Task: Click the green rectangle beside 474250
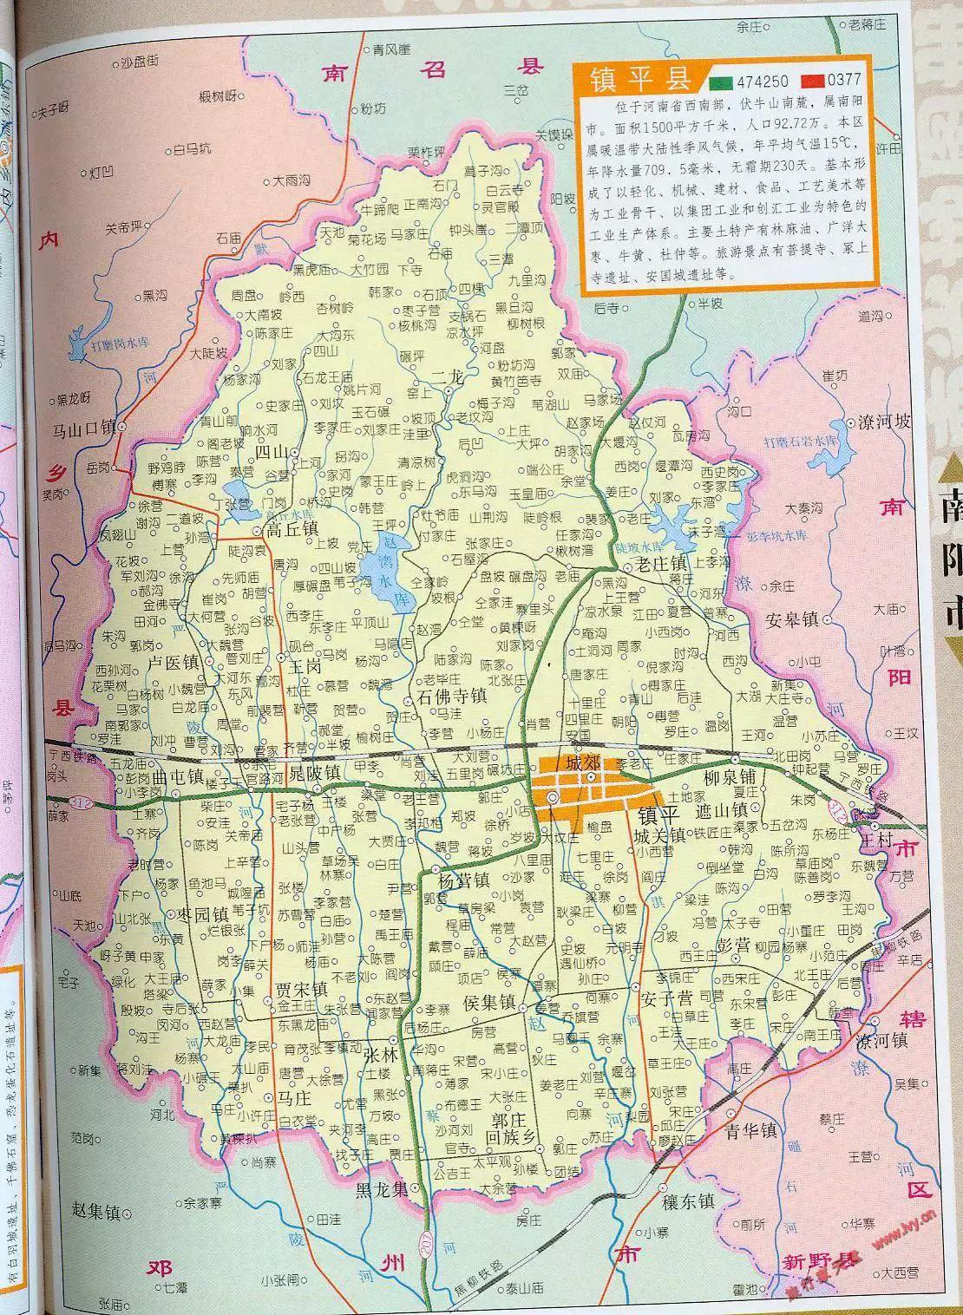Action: pyautogui.click(x=719, y=82)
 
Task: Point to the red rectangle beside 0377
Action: pyautogui.click(x=812, y=82)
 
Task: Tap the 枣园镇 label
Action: pyautogui.click(x=202, y=914)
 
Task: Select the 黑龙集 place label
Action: pyautogui.click(x=382, y=1189)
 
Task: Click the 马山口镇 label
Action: pyautogui.click(x=84, y=427)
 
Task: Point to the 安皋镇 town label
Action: pyautogui.click(x=793, y=619)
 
